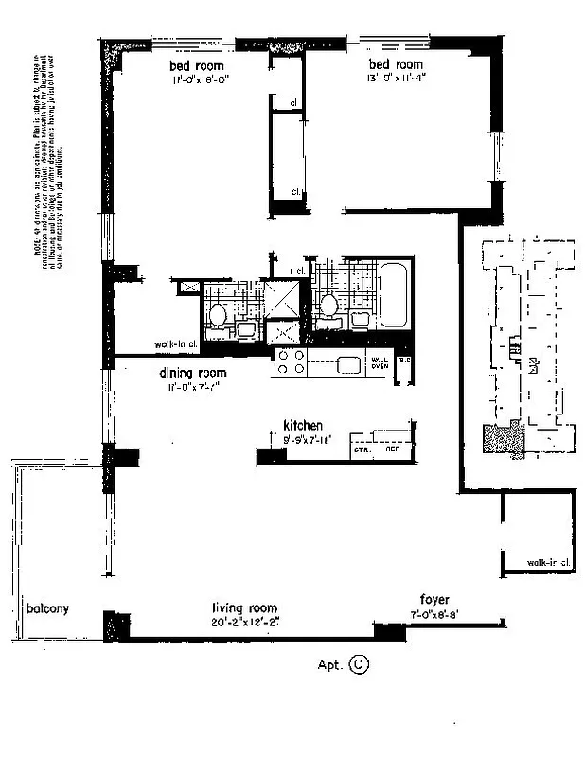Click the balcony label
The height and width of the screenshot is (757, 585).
tap(47, 608)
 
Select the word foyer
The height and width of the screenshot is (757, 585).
tap(434, 600)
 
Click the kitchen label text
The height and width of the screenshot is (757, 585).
tap(304, 426)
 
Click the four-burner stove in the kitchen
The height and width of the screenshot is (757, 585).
tap(290, 361)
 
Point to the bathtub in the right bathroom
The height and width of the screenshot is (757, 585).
tap(392, 295)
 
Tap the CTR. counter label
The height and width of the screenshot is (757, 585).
tap(361, 451)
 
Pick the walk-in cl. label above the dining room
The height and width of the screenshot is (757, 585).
tap(174, 345)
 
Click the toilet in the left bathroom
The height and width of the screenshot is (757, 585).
tap(217, 314)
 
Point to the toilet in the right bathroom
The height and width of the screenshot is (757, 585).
tap(330, 305)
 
